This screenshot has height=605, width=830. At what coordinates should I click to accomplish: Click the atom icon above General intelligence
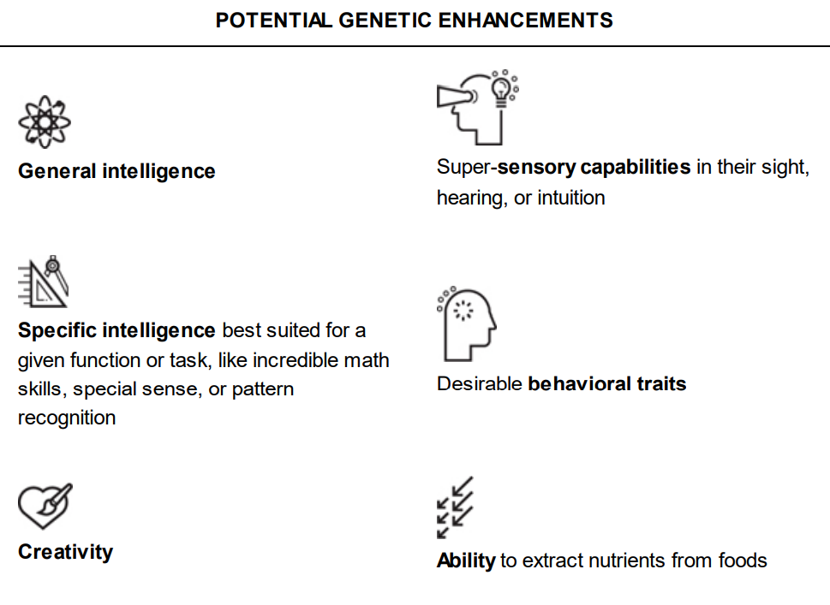[45, 122]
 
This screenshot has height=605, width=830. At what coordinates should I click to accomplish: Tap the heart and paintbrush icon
[45, 506]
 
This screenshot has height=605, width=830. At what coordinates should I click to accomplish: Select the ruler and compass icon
[43, 282]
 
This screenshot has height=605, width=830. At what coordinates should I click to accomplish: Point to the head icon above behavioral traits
[468, 324]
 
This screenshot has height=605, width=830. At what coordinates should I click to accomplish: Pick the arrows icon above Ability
[455, 507]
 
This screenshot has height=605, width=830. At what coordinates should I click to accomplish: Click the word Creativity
[65, 552]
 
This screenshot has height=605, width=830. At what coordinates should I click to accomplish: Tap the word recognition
[67, 418]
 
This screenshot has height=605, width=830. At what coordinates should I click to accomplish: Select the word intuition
[571, 198]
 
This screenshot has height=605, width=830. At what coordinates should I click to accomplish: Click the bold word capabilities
[636, 167]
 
